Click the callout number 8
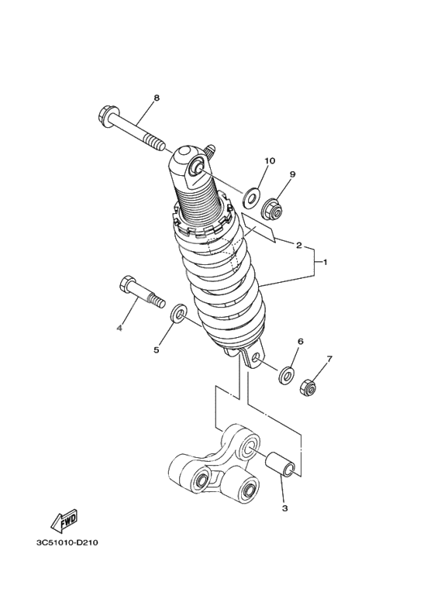click(156, 98)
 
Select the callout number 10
click(270, 161)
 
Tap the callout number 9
click(293, 175)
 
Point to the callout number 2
click(298, 245)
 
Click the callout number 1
click(325, 262)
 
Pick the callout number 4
click(119, 328)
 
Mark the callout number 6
click(300, 342)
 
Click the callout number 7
click(329, 360)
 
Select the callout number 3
click(284, 509)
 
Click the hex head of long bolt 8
click(108, 117)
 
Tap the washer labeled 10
click(251, 197)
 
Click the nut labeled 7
click(308, 386)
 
